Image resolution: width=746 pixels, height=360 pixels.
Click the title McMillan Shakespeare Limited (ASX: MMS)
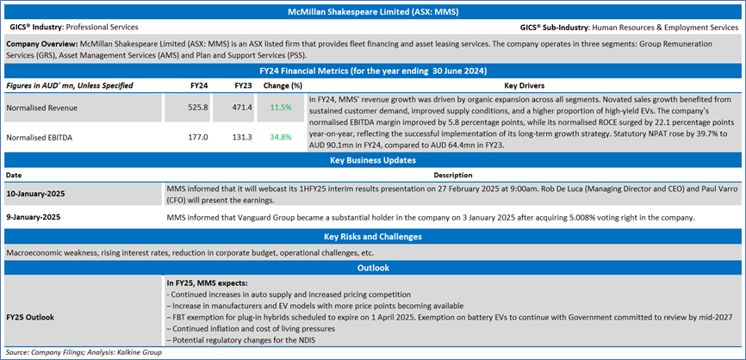(373, 12)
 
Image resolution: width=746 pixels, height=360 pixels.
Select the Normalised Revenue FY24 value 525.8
(198, 108)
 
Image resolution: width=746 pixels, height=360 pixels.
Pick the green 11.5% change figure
(281, 108)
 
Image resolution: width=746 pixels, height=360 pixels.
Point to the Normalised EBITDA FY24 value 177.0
(198, 138)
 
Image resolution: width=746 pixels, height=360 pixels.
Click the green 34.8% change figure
(281, 138)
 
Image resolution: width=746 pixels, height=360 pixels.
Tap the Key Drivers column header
(525, 86)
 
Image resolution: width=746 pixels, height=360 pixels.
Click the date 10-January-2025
(35, 195)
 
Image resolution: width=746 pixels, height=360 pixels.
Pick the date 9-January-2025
(34, 217)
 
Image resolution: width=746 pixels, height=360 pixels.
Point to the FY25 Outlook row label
(29, 317)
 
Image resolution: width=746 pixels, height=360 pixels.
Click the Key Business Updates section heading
(373, 160)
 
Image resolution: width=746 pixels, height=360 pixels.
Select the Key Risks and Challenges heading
(373, 236)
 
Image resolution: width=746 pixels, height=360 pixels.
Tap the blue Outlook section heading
(373, 268)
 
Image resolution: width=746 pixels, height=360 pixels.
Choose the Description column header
(453, 175)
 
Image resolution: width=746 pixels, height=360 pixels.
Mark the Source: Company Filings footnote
(84, 352)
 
